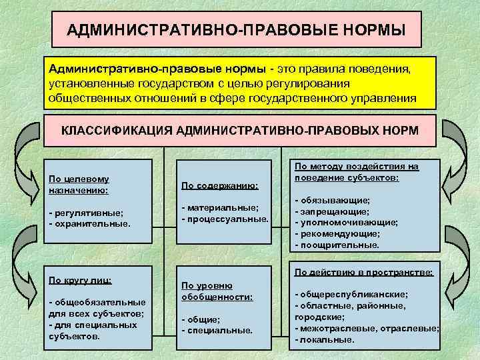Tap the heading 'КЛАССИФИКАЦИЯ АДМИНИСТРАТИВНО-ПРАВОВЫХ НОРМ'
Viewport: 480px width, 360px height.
[x=240, y=129]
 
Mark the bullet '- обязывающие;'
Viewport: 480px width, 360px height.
[x=332, y=200]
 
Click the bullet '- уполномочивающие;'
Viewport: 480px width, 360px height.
[x=347, y=223]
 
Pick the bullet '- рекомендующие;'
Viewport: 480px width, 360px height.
[x=337, y=234]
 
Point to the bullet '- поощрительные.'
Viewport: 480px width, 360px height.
[x=337, y=245]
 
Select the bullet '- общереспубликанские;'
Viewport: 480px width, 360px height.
[x=352, y=294]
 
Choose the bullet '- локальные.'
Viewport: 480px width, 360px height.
[x=325, y=339]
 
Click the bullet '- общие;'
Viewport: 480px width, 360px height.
[x=201, y=319]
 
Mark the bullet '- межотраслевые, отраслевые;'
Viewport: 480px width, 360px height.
[x=367, y=328]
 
